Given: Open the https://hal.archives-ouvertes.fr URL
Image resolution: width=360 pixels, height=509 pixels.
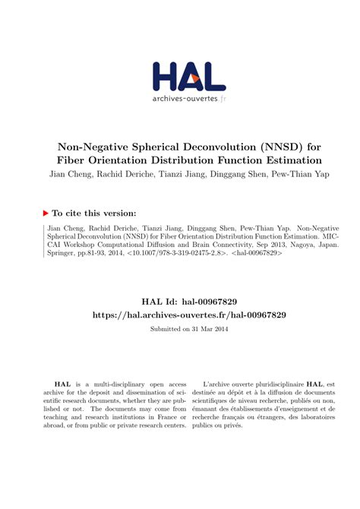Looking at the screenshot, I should (181, 314).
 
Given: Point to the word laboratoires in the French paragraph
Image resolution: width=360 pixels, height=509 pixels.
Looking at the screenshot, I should (311, 416).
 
